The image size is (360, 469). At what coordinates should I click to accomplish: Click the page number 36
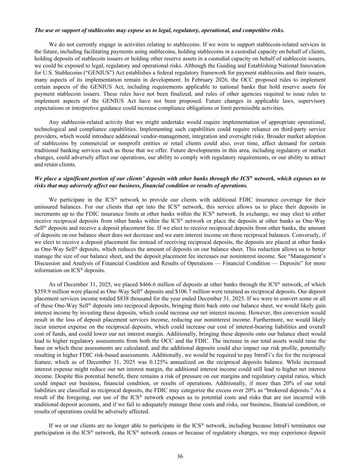(180, 456)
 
